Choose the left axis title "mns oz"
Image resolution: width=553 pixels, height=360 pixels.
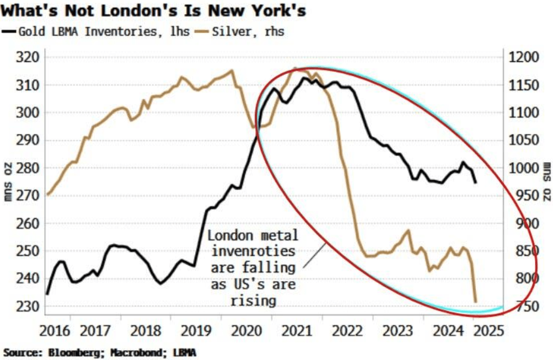tap(8, 182)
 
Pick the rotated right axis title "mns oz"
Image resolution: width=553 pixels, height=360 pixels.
tap(546, 182)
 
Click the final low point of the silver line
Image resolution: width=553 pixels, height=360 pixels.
tap(476, 302)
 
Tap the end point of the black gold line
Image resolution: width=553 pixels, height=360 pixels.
tap(476, 182)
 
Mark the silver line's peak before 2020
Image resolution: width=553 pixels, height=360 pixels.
tap(231, 70)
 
